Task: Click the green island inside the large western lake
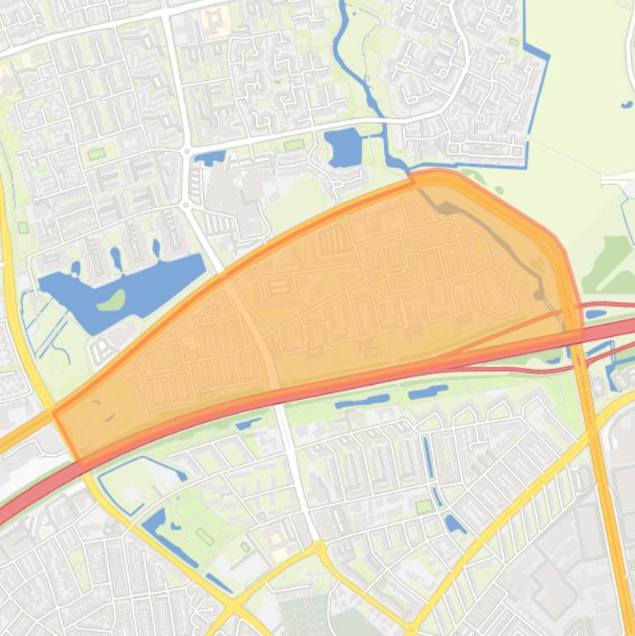(111, 300)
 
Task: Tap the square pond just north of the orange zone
(344, 148)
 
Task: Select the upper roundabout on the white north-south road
(187, 151)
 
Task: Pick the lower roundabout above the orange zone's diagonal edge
(187, 205)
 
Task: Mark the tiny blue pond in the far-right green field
(624, 104)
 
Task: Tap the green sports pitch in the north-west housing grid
(97, 154)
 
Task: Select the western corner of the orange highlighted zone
(54, 412)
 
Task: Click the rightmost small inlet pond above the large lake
(156, 247)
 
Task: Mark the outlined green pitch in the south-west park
(205, 537)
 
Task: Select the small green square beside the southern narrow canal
(424, 505)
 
